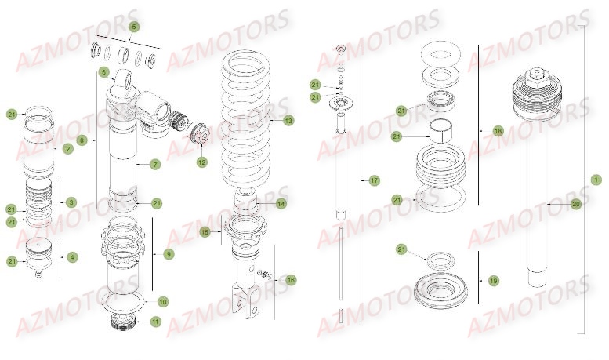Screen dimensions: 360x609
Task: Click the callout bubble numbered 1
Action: [x=596, y=180]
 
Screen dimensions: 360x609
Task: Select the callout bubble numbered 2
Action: [x=68, y=148]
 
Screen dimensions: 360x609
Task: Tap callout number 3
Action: [x=71, y=202]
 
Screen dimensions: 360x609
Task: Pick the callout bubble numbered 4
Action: [x=73, y=256]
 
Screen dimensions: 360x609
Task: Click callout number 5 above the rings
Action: [x=133, y=27]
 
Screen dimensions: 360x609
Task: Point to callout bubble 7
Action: [x=155, y=165]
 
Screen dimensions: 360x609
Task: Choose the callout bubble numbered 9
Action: [x=169, y=254]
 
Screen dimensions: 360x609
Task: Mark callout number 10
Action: [x=163, y=301]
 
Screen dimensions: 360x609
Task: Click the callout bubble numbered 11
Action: [x=155, y=322]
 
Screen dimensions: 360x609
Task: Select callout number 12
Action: [x=201, y=162]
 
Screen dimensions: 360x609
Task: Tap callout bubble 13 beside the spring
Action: [x=288, y=120]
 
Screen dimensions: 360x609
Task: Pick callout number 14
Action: [x=281, y=204]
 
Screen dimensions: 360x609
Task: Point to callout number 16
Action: [x=291, y=280]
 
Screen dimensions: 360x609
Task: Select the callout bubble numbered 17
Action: [x=374, y=181]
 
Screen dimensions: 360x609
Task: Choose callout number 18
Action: [x=498, y=131]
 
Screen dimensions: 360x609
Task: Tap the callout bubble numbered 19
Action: [x=494, y=280]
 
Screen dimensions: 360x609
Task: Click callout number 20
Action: [x=576, y=204]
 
